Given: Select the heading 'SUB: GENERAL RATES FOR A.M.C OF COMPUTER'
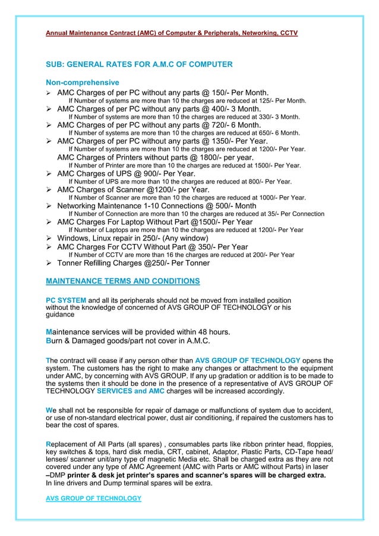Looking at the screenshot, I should click(x=139, y=64).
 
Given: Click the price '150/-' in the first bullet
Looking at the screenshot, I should click(x=212, y=93).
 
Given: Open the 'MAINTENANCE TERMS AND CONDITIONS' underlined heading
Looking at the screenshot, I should click(x=123, y=280).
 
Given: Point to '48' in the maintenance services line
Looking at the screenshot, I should click(x=187, y=331).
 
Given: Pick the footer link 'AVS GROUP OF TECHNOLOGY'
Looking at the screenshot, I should click(x=94, y=498).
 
